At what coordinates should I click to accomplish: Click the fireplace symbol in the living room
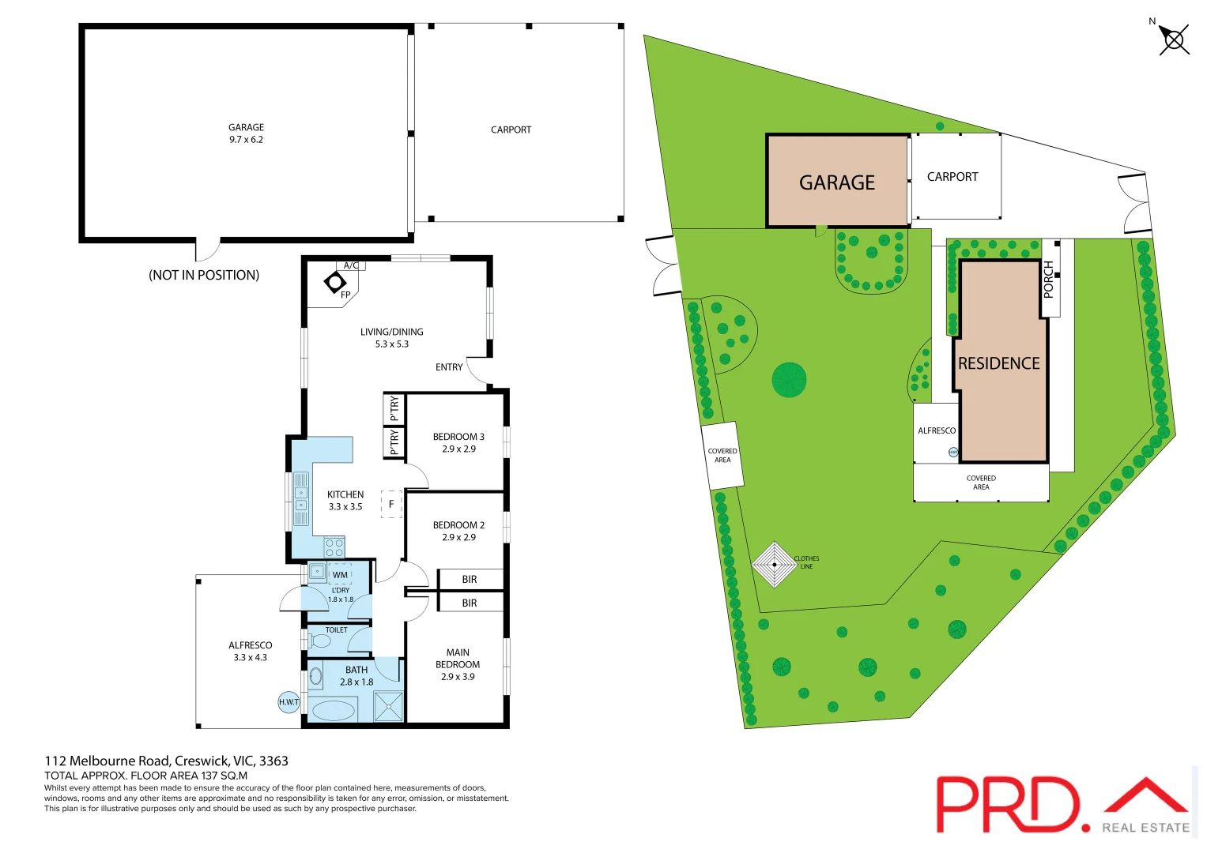[x=336, y=282]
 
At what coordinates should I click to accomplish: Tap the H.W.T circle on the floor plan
[x=289, y=701]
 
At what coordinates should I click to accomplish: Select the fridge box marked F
[x=391, y=504]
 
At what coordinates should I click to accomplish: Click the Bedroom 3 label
[x=458, y=437]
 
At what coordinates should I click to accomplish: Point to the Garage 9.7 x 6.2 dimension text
[x=246, y=140]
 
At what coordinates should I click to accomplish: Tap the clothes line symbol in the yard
[x=774, y=564]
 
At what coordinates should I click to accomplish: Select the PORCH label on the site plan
[x=1049, y=279]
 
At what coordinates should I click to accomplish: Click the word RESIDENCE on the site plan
[x=999, y=363]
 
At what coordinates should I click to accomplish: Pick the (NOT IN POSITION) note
[x=204, y=275]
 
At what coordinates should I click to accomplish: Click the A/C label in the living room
[x=351, y=265]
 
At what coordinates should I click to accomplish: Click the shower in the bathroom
[x=388, y=706]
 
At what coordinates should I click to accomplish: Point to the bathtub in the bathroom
[x=334, y=710]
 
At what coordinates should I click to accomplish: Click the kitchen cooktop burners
[x=334, y=547]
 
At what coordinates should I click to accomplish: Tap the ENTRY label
[x=449, y=367]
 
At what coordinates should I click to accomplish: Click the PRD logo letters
[x=1008, y=804]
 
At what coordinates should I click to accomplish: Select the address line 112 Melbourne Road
[x=166, y=761]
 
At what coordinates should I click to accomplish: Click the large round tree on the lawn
[x=789, y=380]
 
